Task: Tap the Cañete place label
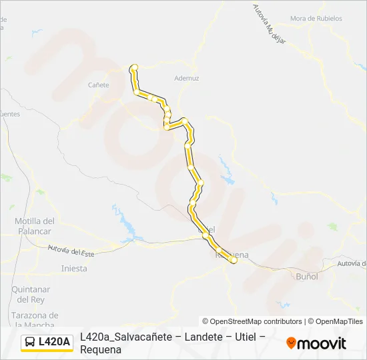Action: tap(98, 85)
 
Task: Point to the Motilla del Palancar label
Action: tap(33, 226)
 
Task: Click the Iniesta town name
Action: tap(73, 269)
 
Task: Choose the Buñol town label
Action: tap(306, 275)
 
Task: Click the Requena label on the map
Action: tap(232, 255)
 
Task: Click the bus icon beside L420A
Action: tap(30, 342)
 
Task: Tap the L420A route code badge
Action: tap(54, 342)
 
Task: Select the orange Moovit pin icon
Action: tap(291, 343)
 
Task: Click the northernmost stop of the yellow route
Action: tap(134, 67)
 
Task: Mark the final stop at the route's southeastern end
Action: tap(233, 261)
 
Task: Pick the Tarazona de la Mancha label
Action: tap(35, 319)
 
